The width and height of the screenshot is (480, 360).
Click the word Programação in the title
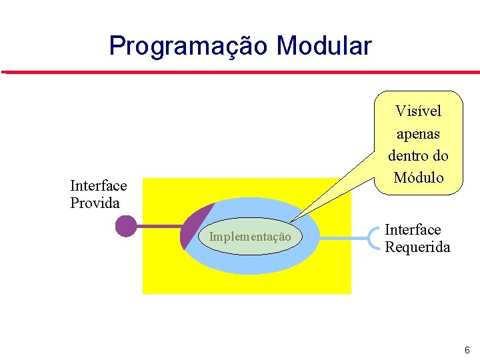[189, 47]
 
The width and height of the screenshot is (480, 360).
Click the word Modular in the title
[324, 47]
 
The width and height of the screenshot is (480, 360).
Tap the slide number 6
[467, 350]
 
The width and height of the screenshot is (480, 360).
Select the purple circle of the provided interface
[126, 227]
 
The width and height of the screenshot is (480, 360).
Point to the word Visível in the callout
[418, 111]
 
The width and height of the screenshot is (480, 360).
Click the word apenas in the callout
[418, 133]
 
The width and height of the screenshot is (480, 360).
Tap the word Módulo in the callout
[418, 177]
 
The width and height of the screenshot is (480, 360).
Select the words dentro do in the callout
[418, 155]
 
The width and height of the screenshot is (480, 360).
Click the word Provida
[95, 203]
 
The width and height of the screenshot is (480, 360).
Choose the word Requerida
[417, 247]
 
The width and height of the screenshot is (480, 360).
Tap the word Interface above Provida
[98, 186]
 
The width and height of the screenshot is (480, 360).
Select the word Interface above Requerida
[413, 230]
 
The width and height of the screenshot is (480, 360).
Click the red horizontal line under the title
[240, 71]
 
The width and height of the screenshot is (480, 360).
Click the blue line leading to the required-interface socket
[343, 237]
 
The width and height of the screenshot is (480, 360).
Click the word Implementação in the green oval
[250, 237]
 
